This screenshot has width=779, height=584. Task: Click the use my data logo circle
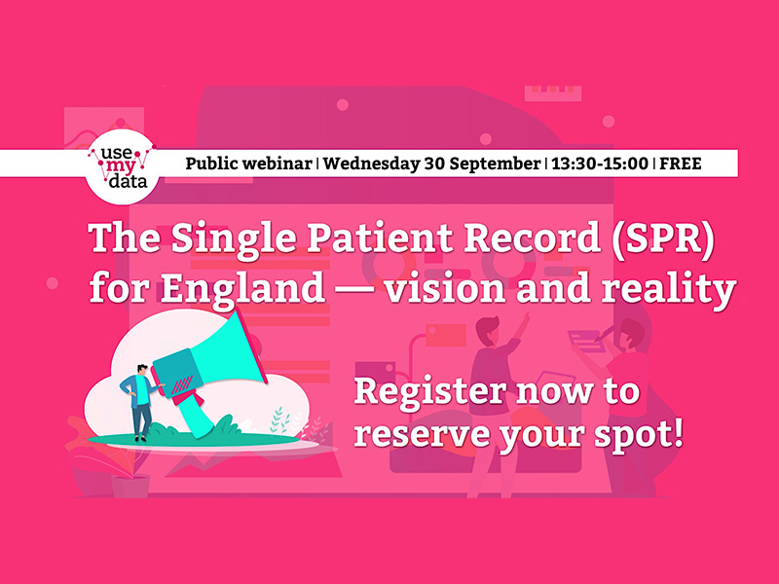[122, 167]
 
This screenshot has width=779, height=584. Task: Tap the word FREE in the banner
[680, 164]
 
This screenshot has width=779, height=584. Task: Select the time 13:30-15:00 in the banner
[600, 164]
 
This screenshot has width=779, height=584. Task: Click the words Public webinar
[248, 164]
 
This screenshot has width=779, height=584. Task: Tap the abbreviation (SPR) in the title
[663, 237]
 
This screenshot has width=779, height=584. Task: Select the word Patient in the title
[379, 237]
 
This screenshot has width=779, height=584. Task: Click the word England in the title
[242, 289]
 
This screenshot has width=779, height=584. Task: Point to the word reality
[669, 289]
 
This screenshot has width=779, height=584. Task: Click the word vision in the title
[445, 288]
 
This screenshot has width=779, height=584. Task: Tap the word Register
[430, 392]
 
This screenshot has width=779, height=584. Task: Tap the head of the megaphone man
[142, 371]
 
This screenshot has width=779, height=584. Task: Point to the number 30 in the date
[433, 164]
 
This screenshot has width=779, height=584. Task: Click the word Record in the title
[532, 237]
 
